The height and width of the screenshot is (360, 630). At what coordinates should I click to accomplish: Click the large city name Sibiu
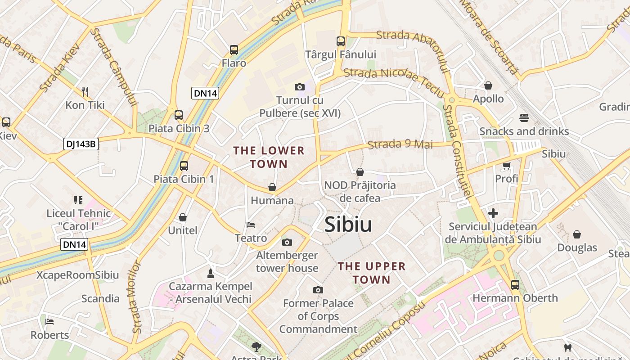(x=348, y=224)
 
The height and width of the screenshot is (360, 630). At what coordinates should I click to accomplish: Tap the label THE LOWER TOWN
(x=269, y=157)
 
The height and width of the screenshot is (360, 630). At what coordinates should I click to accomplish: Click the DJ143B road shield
(x=81, y=144)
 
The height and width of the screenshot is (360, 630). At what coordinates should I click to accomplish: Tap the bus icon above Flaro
(x=234, y=50)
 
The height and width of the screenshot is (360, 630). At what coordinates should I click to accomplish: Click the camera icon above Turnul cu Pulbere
(x=299, y=87)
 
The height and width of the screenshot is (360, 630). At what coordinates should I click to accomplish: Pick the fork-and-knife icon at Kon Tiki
(x=85, y=92)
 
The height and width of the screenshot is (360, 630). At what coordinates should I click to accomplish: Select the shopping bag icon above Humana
(x=272, y=187)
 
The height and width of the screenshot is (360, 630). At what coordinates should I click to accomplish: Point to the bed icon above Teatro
(x=251, y=225)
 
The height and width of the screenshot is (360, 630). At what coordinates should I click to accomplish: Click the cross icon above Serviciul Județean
(x=493, y=213)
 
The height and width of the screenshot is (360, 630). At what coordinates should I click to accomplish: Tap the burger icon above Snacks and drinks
(x=524, y=118)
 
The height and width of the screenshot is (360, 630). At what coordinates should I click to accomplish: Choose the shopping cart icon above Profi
(x=506, y=166)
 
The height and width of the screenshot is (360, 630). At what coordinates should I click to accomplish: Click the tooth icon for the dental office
(x=568, y=347)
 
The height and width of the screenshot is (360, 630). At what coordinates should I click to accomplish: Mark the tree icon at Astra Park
(x=256, y=346)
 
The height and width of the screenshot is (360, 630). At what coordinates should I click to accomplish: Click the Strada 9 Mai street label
(x=400, y=144)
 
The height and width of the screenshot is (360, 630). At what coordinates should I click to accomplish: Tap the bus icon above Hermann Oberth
(x=515, y=284)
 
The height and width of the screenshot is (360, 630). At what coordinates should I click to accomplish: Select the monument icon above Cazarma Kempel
(x=210, y=273)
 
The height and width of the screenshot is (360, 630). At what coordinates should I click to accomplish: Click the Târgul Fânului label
(x=341, y=54)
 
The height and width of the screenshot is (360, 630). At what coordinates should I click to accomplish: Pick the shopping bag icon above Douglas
(x=577, y=234)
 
